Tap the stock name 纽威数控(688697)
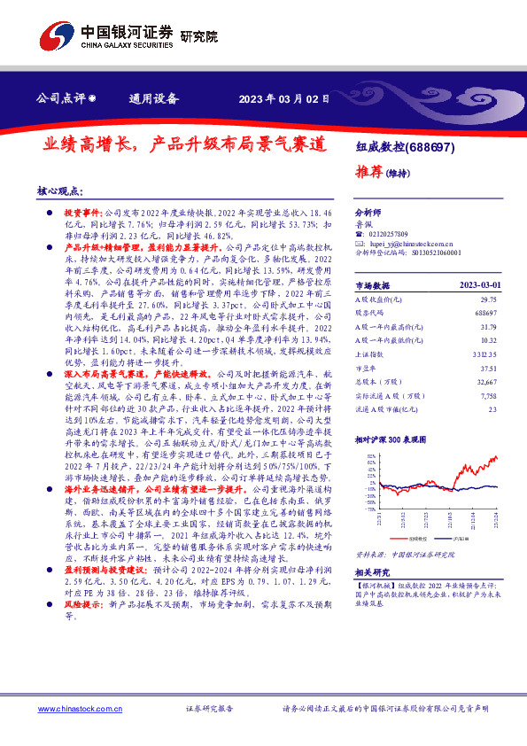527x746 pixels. click(x=405, y=148)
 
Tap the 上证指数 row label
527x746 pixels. click(x=371, y=354)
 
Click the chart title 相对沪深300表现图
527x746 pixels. click(x=392, y=439)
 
